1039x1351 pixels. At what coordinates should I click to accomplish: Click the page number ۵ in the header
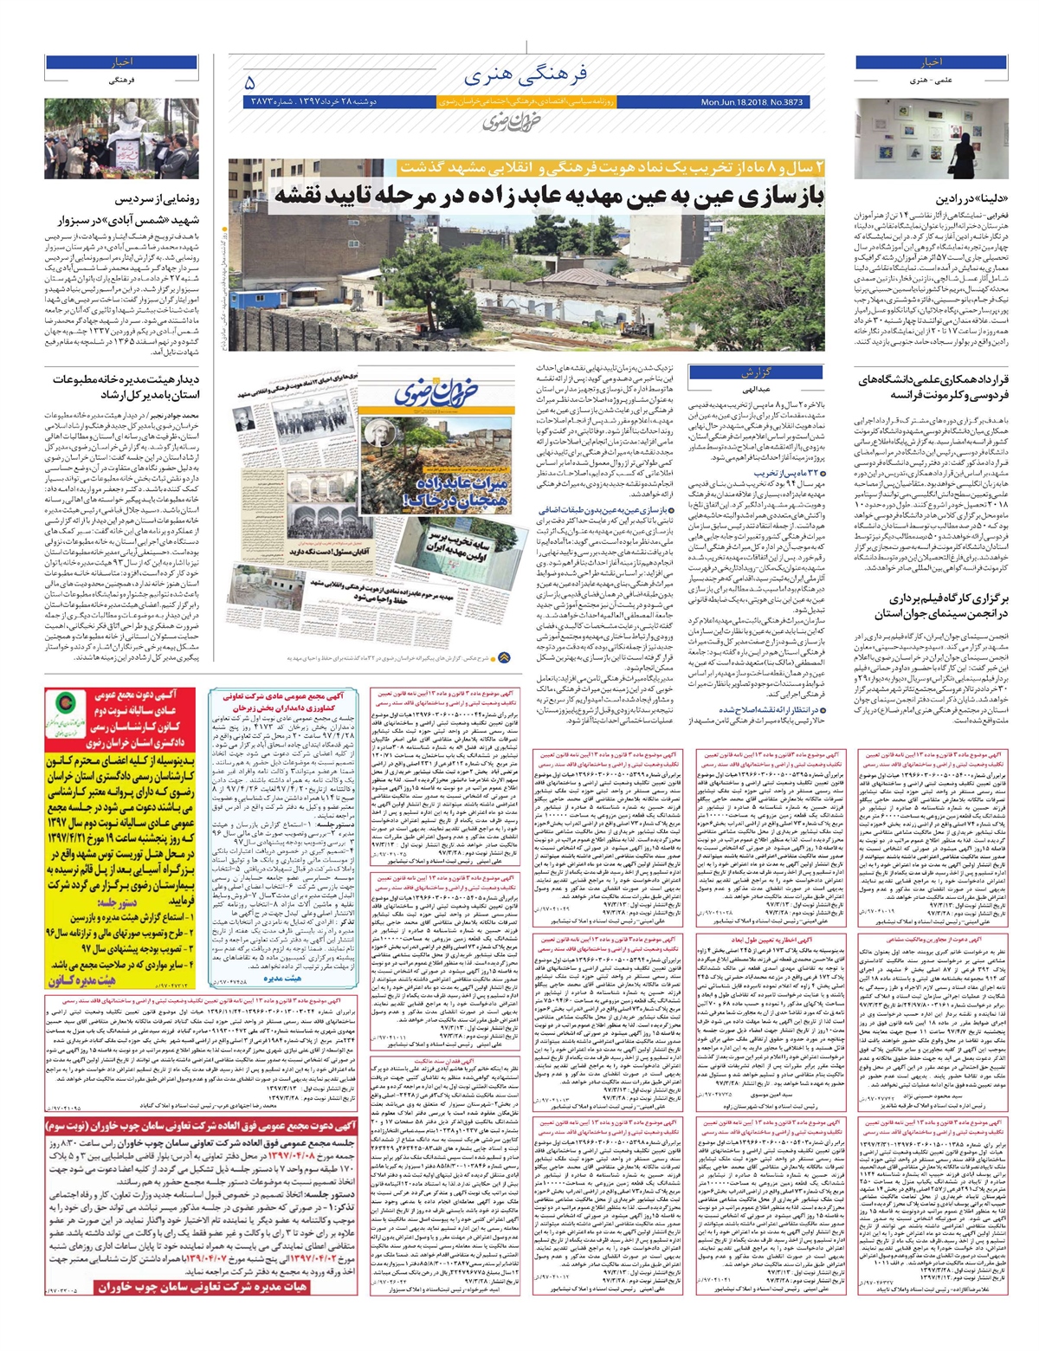250,83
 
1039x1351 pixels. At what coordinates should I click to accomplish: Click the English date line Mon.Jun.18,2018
752,102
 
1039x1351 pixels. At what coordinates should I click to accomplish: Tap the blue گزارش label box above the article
754,373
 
